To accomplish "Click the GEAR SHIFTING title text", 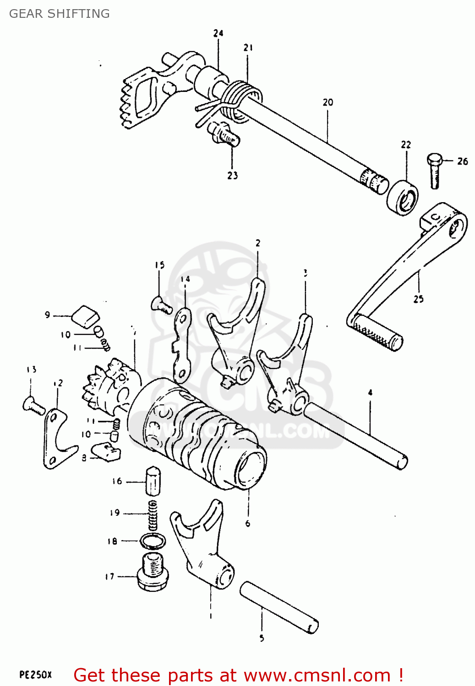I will click(x=60, y=14).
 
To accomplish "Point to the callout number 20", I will click(x=328, y=102).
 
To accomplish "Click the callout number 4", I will click(x=370, y=392).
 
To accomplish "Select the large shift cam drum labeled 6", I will click(x=197, y=432).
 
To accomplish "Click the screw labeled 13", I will click(x=33, y=405).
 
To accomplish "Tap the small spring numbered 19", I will click(x=153, y=514).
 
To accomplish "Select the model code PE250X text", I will click(x=36, y=675).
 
